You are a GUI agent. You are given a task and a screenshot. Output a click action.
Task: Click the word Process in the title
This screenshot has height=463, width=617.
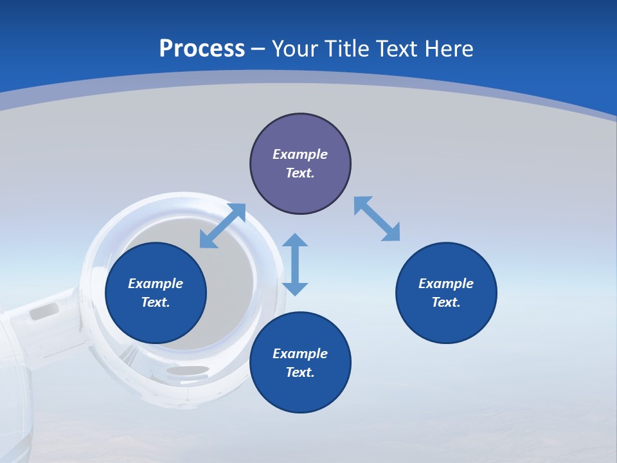tap(202, 49)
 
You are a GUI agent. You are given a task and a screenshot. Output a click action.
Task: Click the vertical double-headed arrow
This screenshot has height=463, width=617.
tap(295, 264)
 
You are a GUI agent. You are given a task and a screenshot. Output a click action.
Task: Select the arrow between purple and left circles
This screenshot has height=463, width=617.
tap(222, 226)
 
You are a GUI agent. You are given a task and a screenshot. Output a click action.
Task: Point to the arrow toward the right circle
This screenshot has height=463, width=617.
tap(377, 219)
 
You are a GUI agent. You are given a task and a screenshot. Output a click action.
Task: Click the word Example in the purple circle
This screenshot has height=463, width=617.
tap(300, 154)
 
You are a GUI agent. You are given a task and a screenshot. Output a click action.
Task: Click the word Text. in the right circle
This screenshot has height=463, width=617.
tap(446, 302)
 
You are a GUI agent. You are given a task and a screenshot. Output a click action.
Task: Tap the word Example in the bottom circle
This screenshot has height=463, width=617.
tap(300, 353)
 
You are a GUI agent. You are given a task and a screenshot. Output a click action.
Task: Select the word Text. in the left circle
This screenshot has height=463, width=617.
tap(156, 302)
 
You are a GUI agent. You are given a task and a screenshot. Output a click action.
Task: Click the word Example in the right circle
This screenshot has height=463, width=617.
tap(446, 284)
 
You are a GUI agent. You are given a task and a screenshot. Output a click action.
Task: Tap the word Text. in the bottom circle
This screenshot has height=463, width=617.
tap(300, 372)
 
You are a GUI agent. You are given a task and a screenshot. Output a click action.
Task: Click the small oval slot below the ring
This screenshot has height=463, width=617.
tap(187, 370)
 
